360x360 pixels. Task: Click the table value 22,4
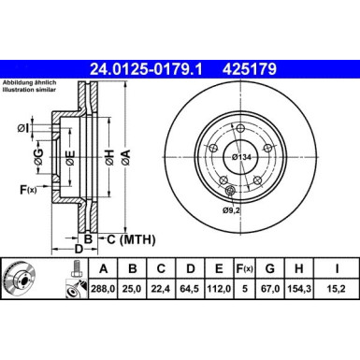coord(161,291)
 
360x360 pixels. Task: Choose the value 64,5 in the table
coord(191,291)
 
